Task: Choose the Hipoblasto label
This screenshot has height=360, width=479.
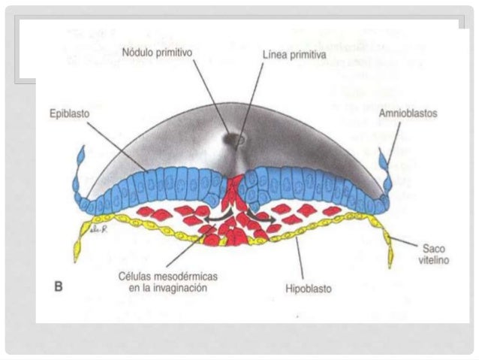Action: (x=309, y=287)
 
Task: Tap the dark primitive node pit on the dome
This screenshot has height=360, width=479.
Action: (x=236, y=139)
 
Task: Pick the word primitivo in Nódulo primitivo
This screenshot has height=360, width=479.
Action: (x=174, y=56)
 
